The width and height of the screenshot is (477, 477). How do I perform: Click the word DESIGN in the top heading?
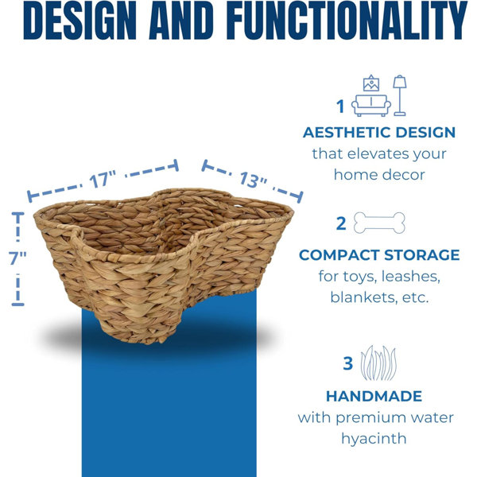[79, 20]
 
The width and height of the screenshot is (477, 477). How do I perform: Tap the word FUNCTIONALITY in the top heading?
[347, 20]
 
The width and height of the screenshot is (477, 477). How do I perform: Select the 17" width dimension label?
[103, 180]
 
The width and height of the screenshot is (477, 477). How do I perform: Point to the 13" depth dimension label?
[253, 180]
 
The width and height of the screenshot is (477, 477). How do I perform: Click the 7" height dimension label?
[17, 258]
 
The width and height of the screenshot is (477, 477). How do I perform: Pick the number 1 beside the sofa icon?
[340, 107]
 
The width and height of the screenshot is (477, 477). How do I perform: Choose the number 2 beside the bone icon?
[341, 224]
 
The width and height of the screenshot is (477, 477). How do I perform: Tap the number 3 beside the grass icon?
[347, 363]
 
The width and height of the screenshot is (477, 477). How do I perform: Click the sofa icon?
[371, 106]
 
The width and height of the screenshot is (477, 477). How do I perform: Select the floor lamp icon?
[400, 95]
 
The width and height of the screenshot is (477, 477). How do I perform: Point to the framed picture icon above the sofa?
[371, 83]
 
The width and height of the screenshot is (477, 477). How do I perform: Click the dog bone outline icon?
[379, 223]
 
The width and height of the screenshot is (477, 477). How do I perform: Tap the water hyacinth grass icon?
[378, 363]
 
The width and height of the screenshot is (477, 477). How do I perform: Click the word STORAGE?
[421, 255]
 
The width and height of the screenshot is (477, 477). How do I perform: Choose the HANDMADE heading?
[374, 396]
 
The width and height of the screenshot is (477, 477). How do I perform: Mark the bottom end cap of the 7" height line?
[17, 304]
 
